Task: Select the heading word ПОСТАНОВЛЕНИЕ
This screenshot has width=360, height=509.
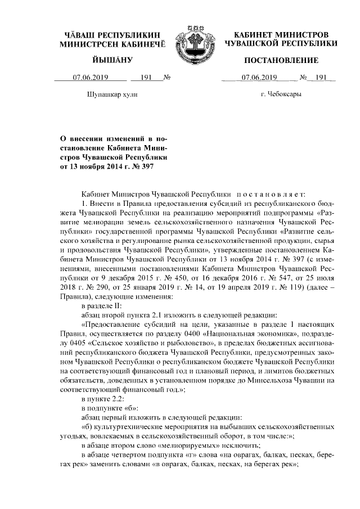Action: [x=281, y=60]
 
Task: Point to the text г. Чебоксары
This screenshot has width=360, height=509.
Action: [x=281, y=94]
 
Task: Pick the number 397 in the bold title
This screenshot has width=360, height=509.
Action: [x=146, y=166]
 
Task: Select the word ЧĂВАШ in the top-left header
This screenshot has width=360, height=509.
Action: [x=80, y=35]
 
